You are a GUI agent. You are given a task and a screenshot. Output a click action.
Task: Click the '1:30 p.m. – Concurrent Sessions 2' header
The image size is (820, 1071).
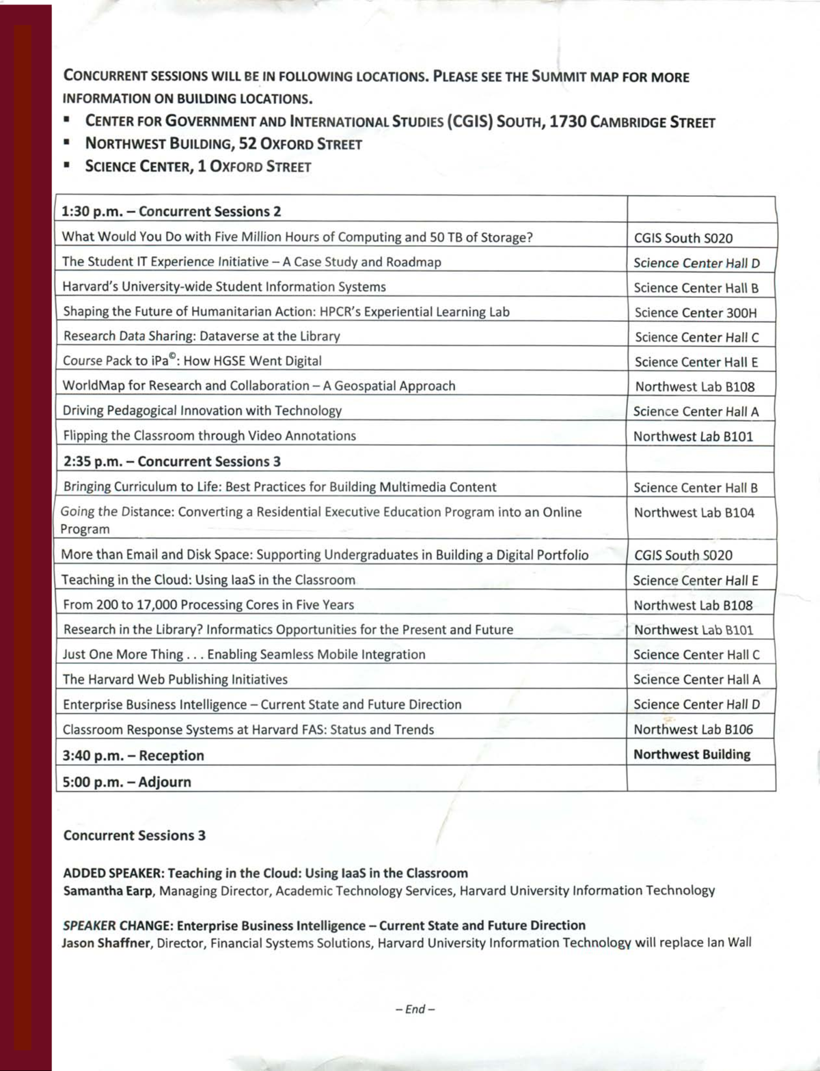[x=171, y=212]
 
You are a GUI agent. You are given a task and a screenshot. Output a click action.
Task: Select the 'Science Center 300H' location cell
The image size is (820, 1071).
[x=695, y=313]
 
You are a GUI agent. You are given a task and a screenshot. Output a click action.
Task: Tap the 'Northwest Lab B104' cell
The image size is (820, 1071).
[x=694, y=513]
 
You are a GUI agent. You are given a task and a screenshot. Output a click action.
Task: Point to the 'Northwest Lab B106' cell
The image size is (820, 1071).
[x=693, y=729]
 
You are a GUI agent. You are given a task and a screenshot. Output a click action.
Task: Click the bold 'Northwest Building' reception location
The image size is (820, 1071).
[x=692, y=755]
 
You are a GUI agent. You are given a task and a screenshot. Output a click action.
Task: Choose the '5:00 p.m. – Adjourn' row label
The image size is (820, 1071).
[x=126, y=782]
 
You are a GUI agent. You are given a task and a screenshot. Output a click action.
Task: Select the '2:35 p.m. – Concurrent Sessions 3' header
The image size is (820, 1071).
[x=172, y=462]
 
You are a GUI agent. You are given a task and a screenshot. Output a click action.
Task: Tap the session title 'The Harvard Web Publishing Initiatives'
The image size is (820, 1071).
[x=175, y=680]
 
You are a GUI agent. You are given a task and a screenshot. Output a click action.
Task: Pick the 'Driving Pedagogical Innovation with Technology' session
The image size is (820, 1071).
[x=202, y=411]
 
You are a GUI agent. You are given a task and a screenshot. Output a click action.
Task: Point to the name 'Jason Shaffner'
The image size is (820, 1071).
[x=106, y=943]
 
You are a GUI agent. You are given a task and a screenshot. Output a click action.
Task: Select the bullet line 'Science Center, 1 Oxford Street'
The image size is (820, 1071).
[x=198, y=167]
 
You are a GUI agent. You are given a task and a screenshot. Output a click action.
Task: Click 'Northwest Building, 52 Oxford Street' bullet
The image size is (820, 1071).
[x=223, y=144]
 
